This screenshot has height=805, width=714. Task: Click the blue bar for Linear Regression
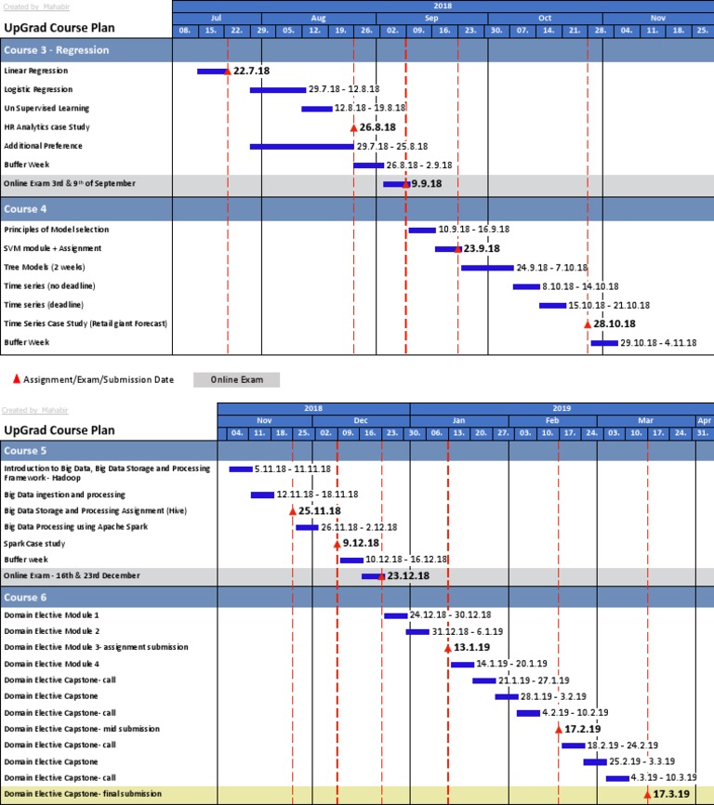pos(211,71)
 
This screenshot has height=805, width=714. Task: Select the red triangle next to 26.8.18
pos(353,127)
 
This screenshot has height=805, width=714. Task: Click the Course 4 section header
pos(86,209)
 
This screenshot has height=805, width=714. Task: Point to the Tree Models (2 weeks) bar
pos(486,268)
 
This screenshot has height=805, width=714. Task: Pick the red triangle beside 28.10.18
pos(588,323)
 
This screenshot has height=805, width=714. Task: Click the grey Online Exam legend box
pos(236,379)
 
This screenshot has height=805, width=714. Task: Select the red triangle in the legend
pos(17,379)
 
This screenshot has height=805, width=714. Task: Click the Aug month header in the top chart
pos(318,18)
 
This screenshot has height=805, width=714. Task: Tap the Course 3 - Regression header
pos(86,50)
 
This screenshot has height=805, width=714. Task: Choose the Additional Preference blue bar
pos(301,146)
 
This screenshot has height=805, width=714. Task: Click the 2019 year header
pos(561,408)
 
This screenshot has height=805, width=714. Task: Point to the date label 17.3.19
pos(671,794)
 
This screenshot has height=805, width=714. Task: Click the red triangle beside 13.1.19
pos(448,647)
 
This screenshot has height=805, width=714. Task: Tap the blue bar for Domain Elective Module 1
pos(395,615)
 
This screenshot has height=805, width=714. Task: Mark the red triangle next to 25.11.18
pos(292,511)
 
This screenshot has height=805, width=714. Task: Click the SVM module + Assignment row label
pos(53,248)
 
